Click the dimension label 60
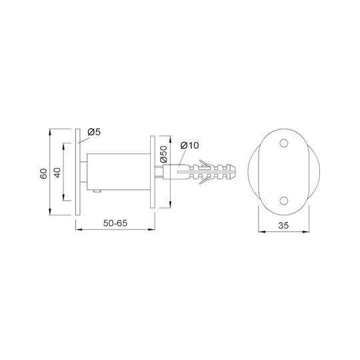(43, 174)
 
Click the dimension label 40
(57, 173)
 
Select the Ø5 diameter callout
(94, 132)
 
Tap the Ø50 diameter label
(163, 154)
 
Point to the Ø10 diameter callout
(189, 145)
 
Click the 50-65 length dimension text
(115, 223)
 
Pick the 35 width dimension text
(283, 225)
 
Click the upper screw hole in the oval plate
(284, 143)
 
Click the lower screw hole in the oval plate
(284, 201)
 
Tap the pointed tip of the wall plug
(235, 172)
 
